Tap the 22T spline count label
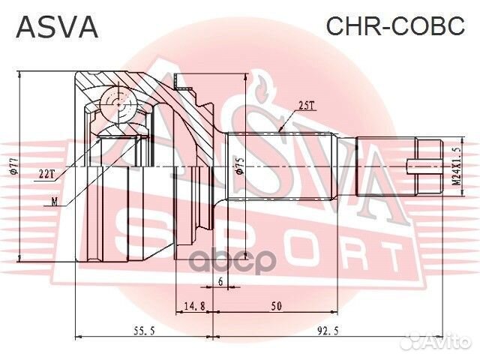click(x=46, y=173)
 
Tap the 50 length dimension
click(x=277, y=304)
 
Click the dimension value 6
click(x=220, y=280)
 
